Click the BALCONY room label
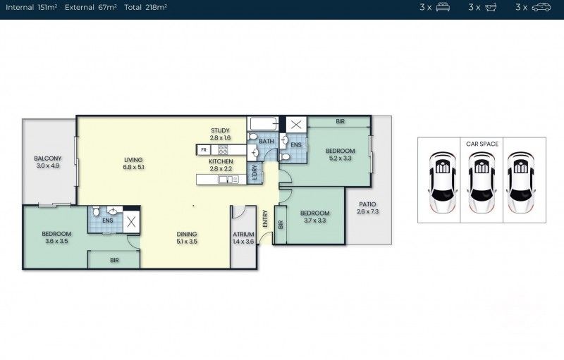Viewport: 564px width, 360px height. tap(48, 162)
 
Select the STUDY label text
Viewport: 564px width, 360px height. tap(221, 134)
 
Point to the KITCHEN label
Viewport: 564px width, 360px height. tap(221, 165)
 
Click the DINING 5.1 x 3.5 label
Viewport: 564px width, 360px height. tap(187, 238)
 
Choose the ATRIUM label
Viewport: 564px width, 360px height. tap(243, 238)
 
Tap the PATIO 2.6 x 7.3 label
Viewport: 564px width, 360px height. tap(368, 208)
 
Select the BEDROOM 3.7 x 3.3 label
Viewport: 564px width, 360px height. tap(314, 217)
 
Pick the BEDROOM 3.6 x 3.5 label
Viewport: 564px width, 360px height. tap(56, 237)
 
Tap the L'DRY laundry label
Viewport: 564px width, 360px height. tap(255, 170)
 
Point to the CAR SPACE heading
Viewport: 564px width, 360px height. tap(482, 144)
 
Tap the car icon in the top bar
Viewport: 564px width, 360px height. tap(541, 7)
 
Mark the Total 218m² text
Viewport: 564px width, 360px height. tap(146, 7)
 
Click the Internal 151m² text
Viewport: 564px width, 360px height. tap(32, 7)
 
